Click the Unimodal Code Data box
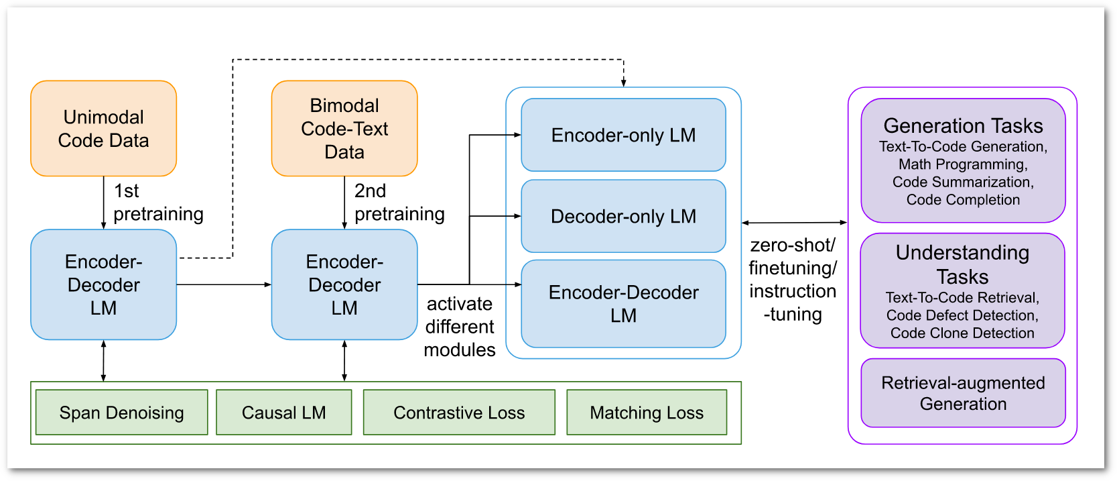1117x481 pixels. (x=103, y=129)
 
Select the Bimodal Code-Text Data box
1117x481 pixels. (x=344, y=129)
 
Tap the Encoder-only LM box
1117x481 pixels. (x=623, y=135)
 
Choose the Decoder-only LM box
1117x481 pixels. (x=623, y=216)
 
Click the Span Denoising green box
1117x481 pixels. (x=121, y=413)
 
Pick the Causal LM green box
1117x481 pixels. (x=283, y=413)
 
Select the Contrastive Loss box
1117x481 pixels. (x=459, y=413)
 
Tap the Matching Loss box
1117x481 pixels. (x=647, y=413)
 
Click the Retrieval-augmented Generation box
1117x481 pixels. (x=963, y=393)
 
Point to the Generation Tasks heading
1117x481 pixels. (x=963, y=125)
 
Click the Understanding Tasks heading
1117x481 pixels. (x=962, y=264)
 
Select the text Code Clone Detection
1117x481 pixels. (x=962, y=333)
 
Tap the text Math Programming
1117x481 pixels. (x=963, y=164)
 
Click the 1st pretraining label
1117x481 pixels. (x=158, y=203)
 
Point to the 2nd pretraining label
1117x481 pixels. (x=399, y=203)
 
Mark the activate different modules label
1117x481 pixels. (x=460, y=327)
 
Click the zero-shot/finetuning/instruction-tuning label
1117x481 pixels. (x=793, y=279)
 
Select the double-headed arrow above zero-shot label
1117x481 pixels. (x=794, y=223)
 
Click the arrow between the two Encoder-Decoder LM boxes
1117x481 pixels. (x=224, y=284)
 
